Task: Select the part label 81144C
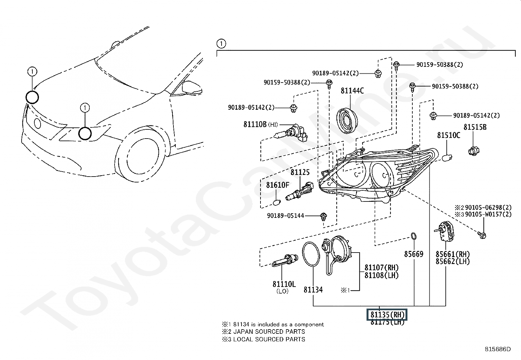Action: [352, 91]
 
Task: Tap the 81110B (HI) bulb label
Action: [260, 124]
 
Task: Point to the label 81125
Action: [300, 172]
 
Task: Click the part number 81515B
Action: [475, 127]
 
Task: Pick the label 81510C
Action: [449, 135]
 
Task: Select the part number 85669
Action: [414, 254]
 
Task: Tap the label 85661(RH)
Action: [453, 254]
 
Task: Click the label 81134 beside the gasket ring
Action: [313, 290]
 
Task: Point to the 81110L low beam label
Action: [284, 284]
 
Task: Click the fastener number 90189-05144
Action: [286, 216]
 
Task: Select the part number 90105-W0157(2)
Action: [488, 214]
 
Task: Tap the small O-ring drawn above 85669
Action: [414, 236]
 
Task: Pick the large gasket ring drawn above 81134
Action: [311, 254]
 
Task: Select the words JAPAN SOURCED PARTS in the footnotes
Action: [269, 332]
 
